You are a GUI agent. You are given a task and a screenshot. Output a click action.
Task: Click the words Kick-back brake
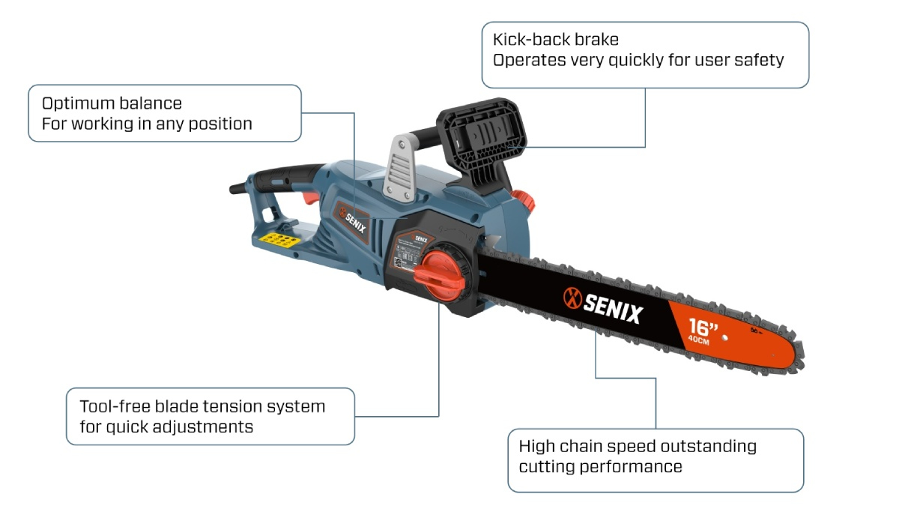pyautogui.click(x=555, y=40)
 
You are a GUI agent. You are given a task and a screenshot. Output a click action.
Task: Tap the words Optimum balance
pyautogui.click(x=112, y=103)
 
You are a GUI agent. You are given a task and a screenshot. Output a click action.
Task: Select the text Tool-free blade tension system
pyautogui.click(x=202, y=406)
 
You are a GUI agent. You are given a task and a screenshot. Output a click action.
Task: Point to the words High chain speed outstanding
pyautogui.click(x=638, y=447)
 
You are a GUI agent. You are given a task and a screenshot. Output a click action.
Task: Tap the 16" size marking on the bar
pyautogui.click(x=703, y=328)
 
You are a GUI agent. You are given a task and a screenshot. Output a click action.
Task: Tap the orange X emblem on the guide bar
pyautogui.click(x=572, y=296)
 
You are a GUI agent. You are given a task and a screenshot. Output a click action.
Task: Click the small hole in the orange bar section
pyautogui.click(x=724, y=338)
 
